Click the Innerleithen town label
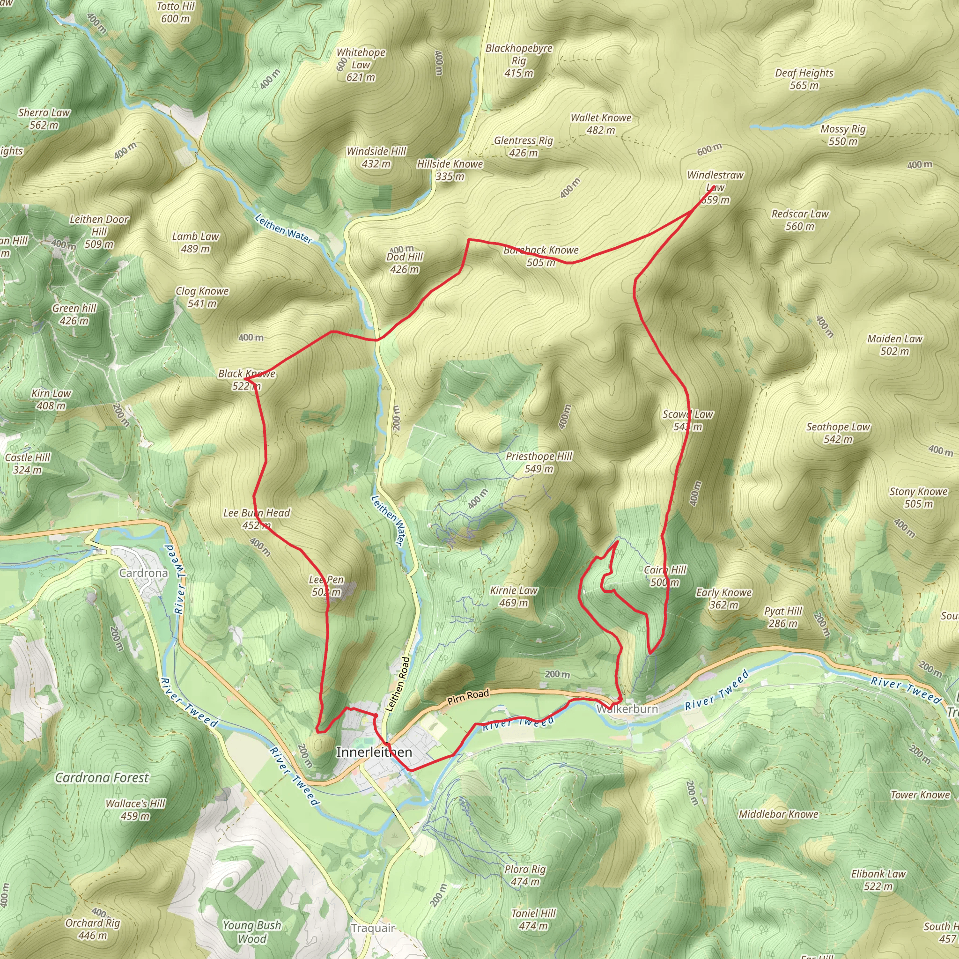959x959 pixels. pos(374,752)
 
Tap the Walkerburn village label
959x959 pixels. pos(627,709)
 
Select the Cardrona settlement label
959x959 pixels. pos(143,573)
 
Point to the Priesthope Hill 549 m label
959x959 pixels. pos(539,462)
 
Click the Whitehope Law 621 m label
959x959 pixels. pos(361,65)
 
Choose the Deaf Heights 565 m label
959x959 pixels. pos(804,79)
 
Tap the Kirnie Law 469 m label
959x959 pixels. pos(513,596)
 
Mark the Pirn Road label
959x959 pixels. pos(468,697)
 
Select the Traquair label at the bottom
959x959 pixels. pos(373,928)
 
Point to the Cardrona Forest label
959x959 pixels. pos(102,777)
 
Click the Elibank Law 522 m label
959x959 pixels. pos(878,879)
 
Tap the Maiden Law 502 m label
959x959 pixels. pos(894,345)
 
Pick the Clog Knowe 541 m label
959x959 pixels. pos(202,297)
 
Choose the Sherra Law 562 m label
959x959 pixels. pos(44,118)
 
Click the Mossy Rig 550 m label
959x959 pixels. pos(843,135)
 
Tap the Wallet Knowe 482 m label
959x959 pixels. pos(601,124)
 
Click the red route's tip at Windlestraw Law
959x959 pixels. pos(714,187)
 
